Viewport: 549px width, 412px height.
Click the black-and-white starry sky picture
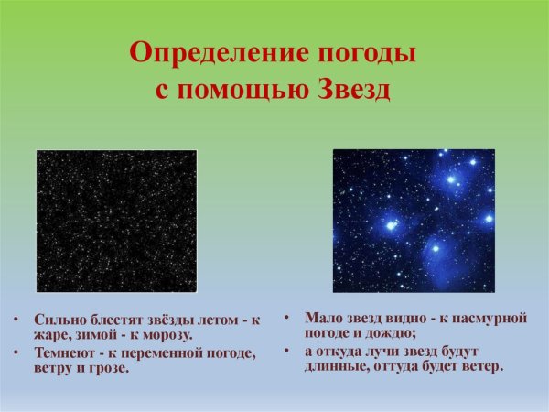[116, 221]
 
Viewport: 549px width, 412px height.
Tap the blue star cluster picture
[413, 221]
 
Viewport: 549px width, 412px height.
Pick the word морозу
[167, 335]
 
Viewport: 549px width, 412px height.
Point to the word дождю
[391, 332]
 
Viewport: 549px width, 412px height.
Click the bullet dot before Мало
[285, 318]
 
